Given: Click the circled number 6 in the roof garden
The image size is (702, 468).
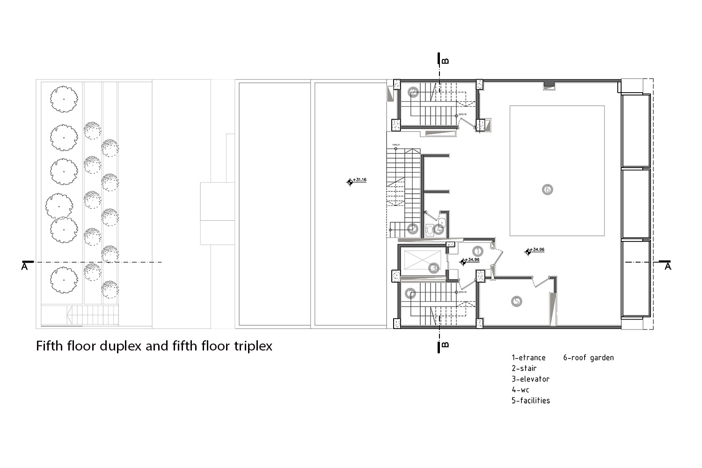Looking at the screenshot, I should coord(547,190).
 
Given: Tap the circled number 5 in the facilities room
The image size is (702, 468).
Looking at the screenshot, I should coord(516,301).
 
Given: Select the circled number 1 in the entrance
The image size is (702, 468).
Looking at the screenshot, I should coord(477,251).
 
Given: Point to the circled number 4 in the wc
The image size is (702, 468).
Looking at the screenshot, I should coord(439,229).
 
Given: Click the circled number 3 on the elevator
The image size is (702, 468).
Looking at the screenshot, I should coord(434,268).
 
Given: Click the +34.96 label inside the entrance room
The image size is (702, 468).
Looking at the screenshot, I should coord(472,259).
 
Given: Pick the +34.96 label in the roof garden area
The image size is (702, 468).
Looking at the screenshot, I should coord(537,249).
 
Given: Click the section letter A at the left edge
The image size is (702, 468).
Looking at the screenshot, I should coord(25,267).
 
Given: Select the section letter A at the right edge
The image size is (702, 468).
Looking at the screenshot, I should coord(668,266).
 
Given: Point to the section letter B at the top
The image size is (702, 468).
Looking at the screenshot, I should coord(446,60).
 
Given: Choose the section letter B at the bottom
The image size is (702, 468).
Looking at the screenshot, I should coord(446,345).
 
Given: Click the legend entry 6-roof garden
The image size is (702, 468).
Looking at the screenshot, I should coord(588,358).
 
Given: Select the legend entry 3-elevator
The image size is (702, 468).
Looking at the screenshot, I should coord(530,379).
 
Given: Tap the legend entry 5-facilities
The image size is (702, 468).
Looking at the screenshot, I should coord(531,401).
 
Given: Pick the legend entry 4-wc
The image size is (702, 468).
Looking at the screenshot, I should coord(520,390).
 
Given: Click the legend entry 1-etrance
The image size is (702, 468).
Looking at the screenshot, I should coord(528,358).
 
